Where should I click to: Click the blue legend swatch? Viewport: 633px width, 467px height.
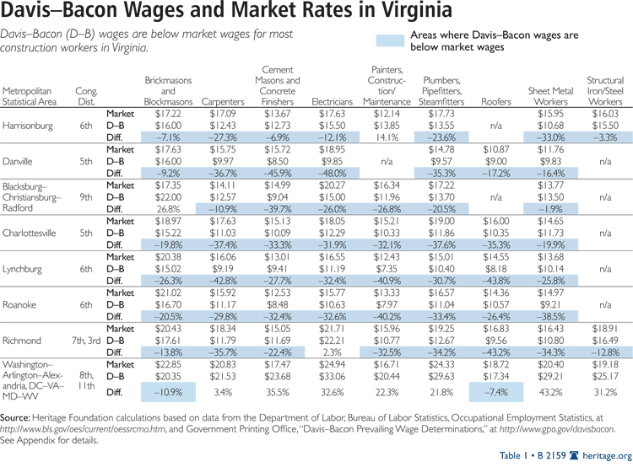point(388,40)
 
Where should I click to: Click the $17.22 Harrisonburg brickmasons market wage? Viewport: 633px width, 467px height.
point(167,113)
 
